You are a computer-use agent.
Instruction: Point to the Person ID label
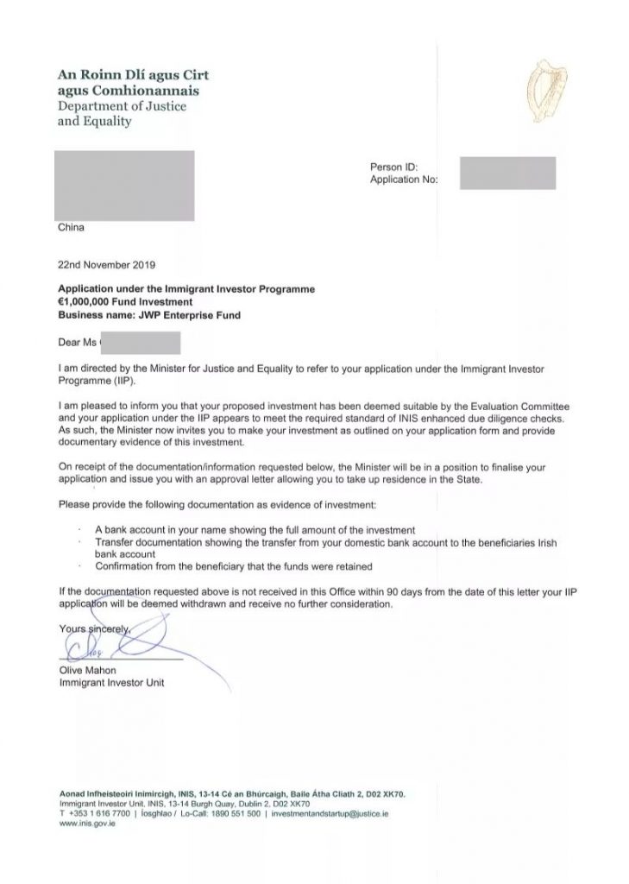(x=393, y=167)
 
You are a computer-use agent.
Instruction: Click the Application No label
(x=404, y=180)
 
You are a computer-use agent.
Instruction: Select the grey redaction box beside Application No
(x=507, y=173)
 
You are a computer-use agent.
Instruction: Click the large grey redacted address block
(x=124, y=184)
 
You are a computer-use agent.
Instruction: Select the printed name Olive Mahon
(x=88, y=671)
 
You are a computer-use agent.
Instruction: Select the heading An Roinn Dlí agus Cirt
(x=133, y=75)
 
